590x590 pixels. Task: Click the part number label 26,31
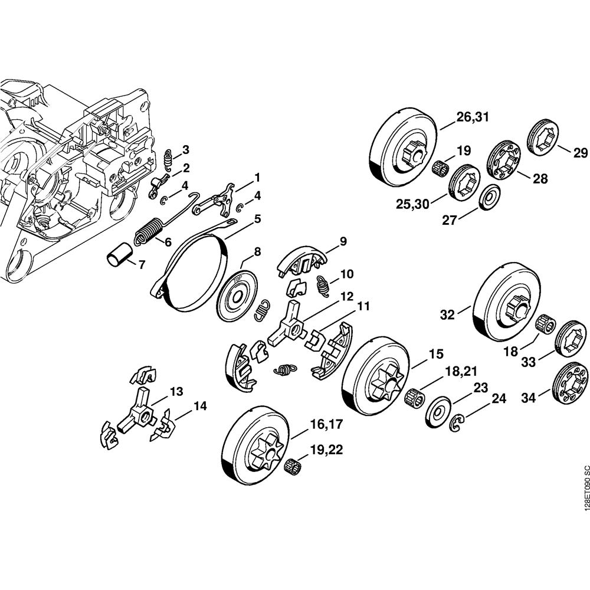point(473,117)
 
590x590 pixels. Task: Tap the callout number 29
point(580,153)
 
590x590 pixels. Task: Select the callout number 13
point(176,392)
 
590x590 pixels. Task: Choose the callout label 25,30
point(412,204)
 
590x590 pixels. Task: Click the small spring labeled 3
point(169,160)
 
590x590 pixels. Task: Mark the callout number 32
point(447,314)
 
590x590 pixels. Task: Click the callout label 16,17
point(326,424)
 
